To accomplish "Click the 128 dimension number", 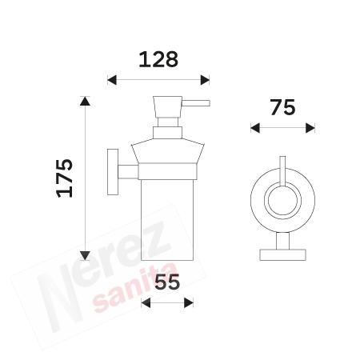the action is (x=158, y=59).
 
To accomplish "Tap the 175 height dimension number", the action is (x=65, y=178).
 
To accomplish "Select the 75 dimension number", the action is (x=282, y=107).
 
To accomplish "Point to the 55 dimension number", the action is (x=167, y=282).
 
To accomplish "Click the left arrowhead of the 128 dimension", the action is (x=112, y=80).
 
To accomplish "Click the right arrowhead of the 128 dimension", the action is (x=205, y=80).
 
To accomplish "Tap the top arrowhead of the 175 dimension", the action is (x=85, y=101).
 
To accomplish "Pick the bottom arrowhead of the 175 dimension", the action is (x=85, y=255).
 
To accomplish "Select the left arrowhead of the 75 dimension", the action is (x=255, y=128).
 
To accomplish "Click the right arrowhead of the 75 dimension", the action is (x=310, y=128).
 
